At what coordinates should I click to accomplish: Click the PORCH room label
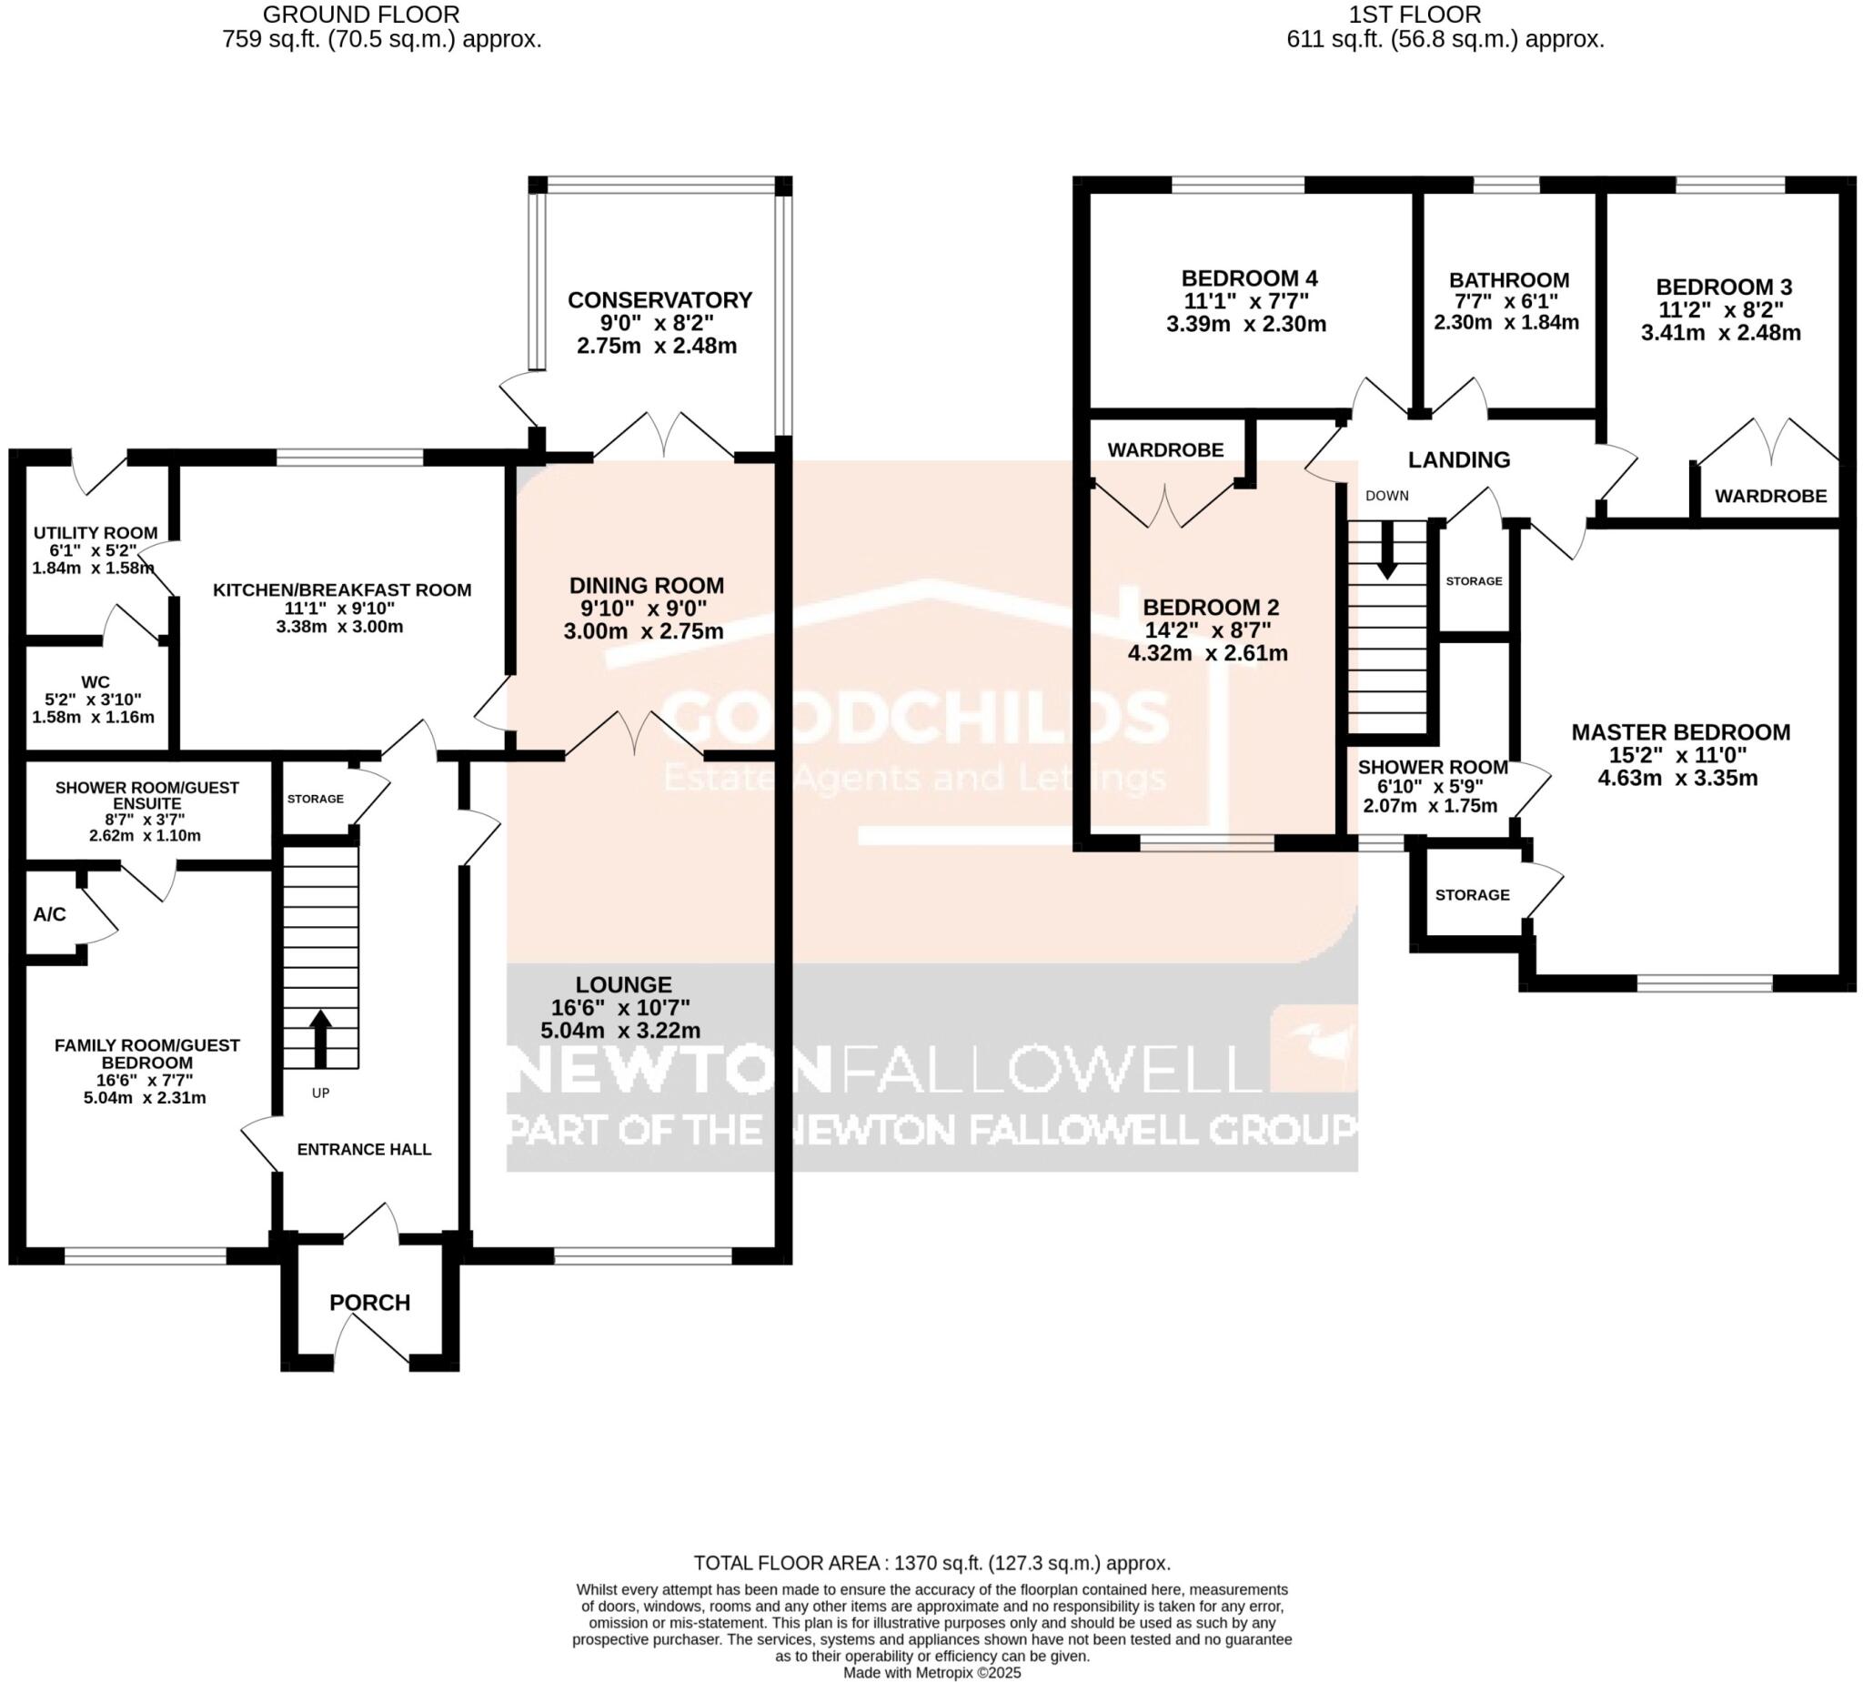tap(369, 1302)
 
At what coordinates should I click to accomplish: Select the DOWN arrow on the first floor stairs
tap(1386, 550)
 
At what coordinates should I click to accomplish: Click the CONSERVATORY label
tap(659, 300)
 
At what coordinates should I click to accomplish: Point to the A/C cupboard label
tap(50, 914)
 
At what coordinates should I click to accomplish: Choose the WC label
tap(96, 683)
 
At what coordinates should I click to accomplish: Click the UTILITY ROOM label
tap(96, 533)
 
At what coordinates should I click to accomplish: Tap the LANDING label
tap(1458, 459)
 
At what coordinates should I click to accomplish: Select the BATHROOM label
tap(1508, 280)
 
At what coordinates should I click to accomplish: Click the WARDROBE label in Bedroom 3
tap(1769, 497)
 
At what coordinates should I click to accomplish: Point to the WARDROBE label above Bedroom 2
tap(1165, 450)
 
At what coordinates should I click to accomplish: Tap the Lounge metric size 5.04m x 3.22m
tap(620, 1031)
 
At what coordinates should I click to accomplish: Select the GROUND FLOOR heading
tap(361, 15)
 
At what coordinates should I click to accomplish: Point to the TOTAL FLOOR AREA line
tap(931, 1564)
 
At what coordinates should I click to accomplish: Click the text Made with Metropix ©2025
tap(931, 1673)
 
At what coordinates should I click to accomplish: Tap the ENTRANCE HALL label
tap(364, 1150)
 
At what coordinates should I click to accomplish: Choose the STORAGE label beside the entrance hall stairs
tap(315, 799)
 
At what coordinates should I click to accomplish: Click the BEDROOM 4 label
tap(1249, 278)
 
